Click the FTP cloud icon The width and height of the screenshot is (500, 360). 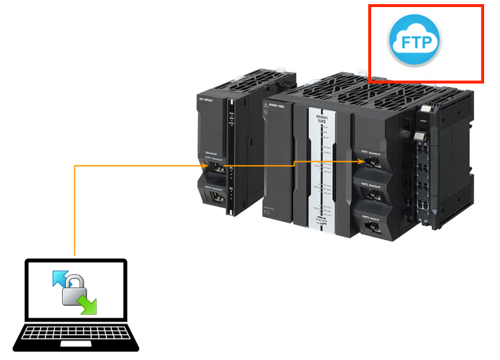415,41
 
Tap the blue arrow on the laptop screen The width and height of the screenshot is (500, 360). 61,278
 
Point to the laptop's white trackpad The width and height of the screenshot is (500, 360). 76,343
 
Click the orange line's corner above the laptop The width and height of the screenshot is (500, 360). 75,166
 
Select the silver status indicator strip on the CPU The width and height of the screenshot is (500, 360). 322,171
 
